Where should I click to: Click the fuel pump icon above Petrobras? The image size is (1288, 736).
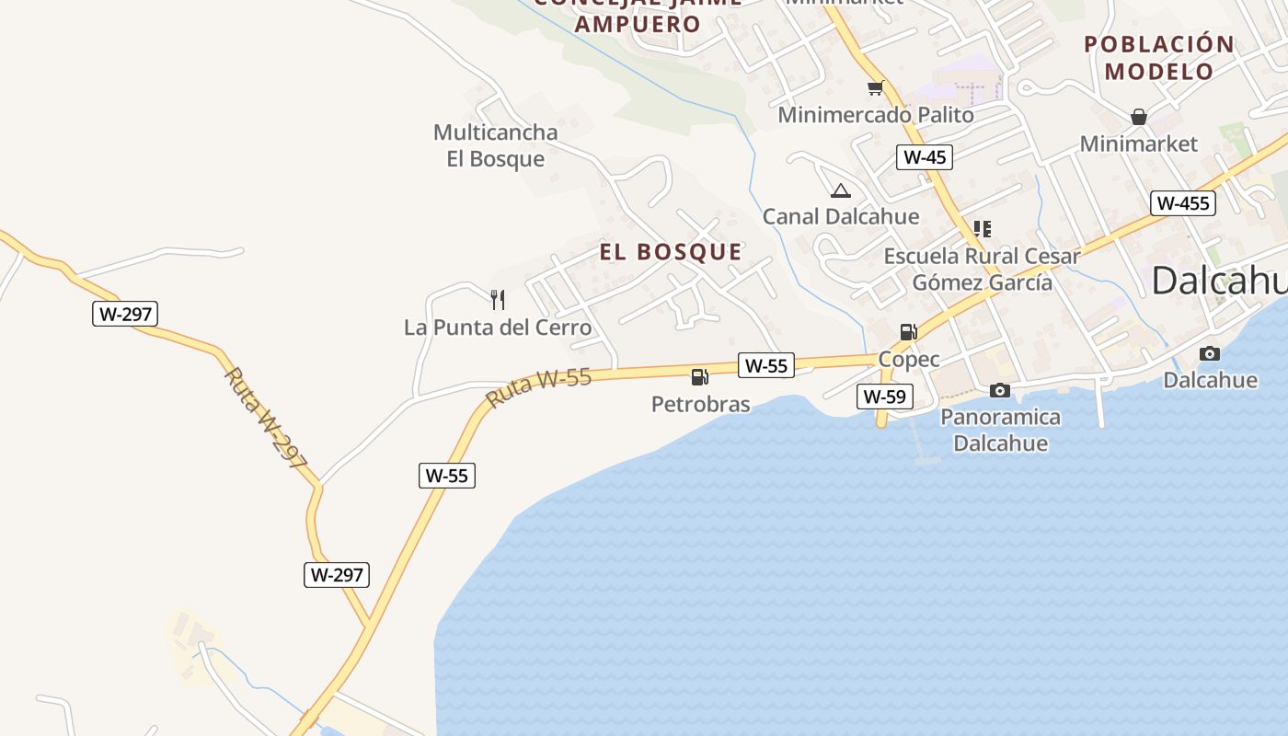pos(699,376)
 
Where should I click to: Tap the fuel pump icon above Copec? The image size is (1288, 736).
pos(908,331)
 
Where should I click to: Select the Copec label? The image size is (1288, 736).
pos(909,359)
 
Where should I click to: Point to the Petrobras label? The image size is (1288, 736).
pos(700,404)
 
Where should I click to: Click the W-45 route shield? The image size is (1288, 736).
pos(925,157)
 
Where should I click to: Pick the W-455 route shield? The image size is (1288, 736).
pos(1182,203)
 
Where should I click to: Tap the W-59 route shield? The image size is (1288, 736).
pos(883,397)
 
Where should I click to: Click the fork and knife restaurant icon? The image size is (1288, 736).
pos(498,299)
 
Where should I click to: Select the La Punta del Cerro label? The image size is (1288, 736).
pos(498,328)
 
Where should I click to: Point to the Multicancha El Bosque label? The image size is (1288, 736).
pos(496,145)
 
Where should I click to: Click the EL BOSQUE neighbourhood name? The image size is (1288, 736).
pos(671,252)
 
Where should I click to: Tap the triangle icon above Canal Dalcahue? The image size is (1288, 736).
pos(840,191)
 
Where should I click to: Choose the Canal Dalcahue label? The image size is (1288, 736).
pos(841,217)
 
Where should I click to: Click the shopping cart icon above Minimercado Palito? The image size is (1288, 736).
pos(875,88)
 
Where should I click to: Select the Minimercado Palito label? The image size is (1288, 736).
pos(876,115)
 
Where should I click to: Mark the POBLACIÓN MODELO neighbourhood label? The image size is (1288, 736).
pos(1158,57)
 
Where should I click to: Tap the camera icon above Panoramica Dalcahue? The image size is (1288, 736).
pos(1000,391)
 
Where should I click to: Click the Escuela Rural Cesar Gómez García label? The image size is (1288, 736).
pos(982,269)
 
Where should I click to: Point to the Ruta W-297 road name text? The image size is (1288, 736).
pos(266,419)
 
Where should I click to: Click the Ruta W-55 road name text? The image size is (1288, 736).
pos(539,387)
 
